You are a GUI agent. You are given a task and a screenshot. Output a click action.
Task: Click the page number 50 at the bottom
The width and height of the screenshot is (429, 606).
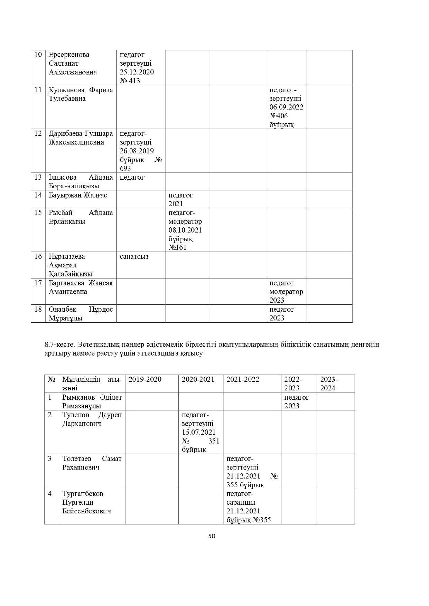(x=212, y=536)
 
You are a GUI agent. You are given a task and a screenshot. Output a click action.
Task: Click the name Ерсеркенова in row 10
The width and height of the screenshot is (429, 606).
(x=69, y=55)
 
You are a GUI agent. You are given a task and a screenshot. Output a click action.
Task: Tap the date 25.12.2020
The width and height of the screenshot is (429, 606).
(x=137, y=72)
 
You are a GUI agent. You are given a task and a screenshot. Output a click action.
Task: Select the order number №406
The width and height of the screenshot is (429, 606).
(x=279, y=116)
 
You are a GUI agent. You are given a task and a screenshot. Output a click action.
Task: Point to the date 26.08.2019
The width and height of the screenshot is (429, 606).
(x=137, y=151)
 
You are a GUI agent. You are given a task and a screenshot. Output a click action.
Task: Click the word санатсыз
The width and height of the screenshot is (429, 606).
(x=134, y=256)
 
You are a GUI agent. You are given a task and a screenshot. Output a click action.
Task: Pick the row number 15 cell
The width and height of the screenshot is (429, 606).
(x=38, y=212)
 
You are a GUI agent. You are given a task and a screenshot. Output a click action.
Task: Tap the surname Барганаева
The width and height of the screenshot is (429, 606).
(x=67, y=283)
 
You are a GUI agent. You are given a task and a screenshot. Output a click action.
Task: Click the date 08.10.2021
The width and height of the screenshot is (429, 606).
(x=185, y=230)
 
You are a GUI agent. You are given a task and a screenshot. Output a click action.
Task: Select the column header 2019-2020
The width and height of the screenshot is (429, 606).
(x=145, y=379)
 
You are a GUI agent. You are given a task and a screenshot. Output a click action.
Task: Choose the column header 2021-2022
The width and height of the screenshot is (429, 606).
(x=243, y=379)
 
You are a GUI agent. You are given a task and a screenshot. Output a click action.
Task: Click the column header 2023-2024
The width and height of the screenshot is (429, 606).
(x=329, y=384)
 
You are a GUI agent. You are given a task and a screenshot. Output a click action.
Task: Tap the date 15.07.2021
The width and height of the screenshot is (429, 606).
(x=198, y=432)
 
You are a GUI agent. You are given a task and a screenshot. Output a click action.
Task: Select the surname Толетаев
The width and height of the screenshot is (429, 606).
(x=77, y=458)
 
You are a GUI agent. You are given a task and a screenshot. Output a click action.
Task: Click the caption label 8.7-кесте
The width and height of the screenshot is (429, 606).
(x=59, y=344)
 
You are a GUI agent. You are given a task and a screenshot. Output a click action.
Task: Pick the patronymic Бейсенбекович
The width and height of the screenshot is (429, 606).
(x=87, y=511)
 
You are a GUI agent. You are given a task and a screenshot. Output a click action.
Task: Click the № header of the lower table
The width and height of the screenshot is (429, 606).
(x=52, y=379)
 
